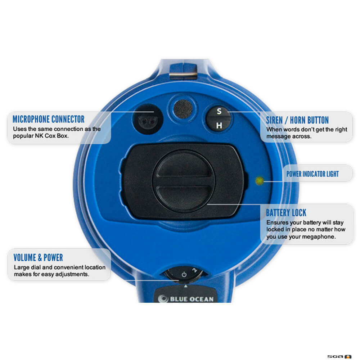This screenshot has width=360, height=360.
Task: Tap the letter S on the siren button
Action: point(219,112)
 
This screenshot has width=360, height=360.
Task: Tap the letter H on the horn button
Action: point(219,126)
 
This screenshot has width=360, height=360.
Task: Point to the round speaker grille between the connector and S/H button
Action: point(183,108)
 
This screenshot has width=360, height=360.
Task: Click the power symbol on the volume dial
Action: point(184,274)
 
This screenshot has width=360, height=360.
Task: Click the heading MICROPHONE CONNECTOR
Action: point(49,119)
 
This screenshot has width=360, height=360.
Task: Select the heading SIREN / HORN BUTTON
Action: point(297,120)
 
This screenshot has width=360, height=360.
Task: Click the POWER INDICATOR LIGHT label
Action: point(312,174)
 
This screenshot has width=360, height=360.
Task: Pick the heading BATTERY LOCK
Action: point(286,213)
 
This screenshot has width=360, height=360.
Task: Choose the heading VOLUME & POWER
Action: point(38,258)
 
